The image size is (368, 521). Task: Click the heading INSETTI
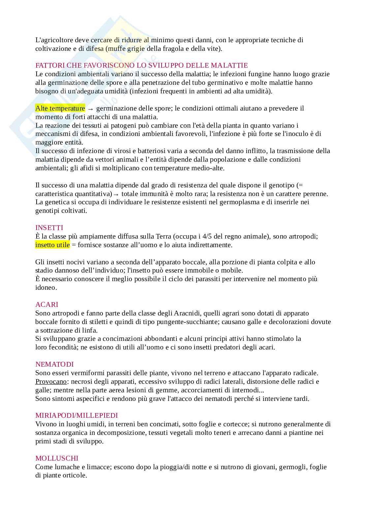point(49,228)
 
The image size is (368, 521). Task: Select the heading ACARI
point(46,305)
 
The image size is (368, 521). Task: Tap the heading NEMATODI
point(54,364)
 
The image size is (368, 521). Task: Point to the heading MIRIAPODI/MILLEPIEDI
point(77,415)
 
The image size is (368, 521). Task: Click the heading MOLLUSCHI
point(57,458)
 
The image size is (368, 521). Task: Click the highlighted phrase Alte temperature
point(60,108)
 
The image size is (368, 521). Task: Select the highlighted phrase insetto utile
point(52,245)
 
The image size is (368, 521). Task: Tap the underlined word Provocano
point(51,381)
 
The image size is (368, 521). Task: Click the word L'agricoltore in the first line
point(54,40)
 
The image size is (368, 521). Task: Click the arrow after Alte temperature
point(90,109)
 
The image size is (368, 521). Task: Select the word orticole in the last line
point(76,475)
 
